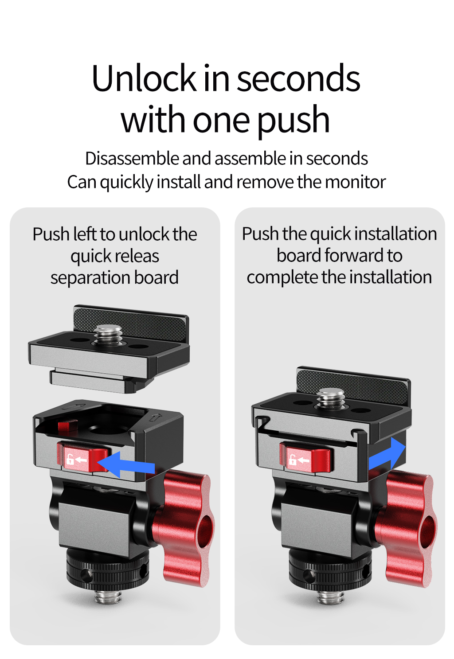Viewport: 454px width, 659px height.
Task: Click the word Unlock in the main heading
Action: pyautogui.click(x=144, y=78)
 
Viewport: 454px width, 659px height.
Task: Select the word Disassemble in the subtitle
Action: pyautogui.click(x=132, y=158)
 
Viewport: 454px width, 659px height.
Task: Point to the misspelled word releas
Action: pyautogui.click(x=137, y=256)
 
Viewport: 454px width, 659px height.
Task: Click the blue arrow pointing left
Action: pyautogui.click(x=126, y=464)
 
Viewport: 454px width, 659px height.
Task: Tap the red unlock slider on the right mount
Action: pyautogui.click(x=305, y=458)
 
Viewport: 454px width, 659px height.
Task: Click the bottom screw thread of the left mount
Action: pyautogui.click(x=108, y=597)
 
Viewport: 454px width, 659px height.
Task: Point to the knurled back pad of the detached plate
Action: pyautogui.click(x=131, y=323)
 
